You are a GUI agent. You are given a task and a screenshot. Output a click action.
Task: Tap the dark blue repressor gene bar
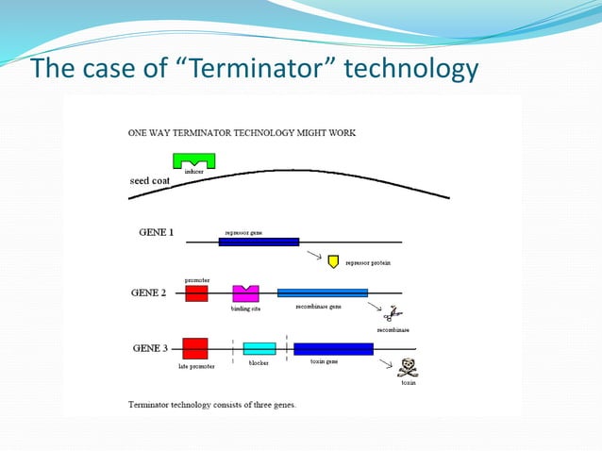(259, 242)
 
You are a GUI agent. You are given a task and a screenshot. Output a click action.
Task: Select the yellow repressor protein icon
(333, 259)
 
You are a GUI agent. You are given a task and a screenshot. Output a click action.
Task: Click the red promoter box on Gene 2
(196, 293)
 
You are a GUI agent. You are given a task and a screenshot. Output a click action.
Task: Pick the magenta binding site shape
(245, 293)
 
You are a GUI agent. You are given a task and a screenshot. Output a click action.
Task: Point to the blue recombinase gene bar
(322, 292)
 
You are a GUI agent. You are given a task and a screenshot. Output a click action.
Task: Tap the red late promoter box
(195, 348)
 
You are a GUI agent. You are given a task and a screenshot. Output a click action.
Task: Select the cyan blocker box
(259, 348)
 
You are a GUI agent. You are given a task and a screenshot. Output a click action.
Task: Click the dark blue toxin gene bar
(333, 348)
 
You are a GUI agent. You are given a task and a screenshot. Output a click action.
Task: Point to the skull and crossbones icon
(408, 367)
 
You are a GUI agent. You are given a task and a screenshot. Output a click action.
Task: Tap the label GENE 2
(148, 292)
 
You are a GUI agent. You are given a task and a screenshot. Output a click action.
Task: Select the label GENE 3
(152, 348)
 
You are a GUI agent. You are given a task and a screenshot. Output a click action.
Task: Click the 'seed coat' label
(149, 181)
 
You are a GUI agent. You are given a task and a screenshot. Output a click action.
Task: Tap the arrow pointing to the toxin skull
(387, 361)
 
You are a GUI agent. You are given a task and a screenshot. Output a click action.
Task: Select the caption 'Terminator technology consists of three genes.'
(211, 404)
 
